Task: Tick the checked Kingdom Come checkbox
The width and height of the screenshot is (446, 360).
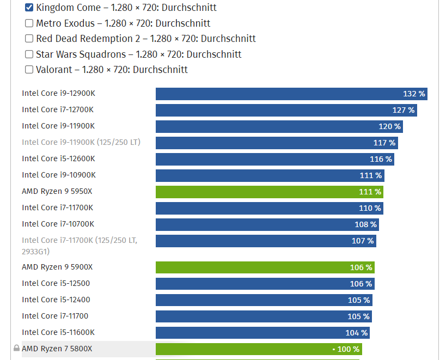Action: pyautogui.click(x=29, y=8)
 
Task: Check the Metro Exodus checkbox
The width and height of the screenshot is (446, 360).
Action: pyautogui.click(x=29, y=23)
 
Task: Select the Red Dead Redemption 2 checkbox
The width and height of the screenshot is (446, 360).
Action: pyautogui.click(x=29, y=39)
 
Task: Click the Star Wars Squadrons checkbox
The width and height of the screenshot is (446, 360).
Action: pyautogui.click(x=29, y=54)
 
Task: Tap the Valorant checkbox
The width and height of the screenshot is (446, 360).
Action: pyautogui.click(x=29, y=70)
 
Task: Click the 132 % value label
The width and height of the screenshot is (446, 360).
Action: pyautogui.click(x=414, y=94)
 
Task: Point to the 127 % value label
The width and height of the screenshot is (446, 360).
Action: pyautogui.click(x=404, y=110)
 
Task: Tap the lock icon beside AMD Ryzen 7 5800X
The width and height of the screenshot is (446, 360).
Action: pyautogui.click(x=16, y=349)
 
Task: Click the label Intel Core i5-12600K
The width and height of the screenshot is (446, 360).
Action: pyautogui.click(x=58, y=158)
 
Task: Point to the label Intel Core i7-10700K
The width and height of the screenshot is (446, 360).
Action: pyautogui.click(x=58, y=224)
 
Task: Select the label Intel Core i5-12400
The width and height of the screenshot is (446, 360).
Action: pyautogui.click(x=56, y=300)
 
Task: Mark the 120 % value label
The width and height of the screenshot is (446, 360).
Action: pyautogui.click(x=390, y=126)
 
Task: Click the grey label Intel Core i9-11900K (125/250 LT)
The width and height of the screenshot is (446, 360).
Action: pyautogui.click(x=81, y=142)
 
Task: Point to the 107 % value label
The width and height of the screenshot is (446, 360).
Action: pyautogui.click(x=363, y=241)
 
